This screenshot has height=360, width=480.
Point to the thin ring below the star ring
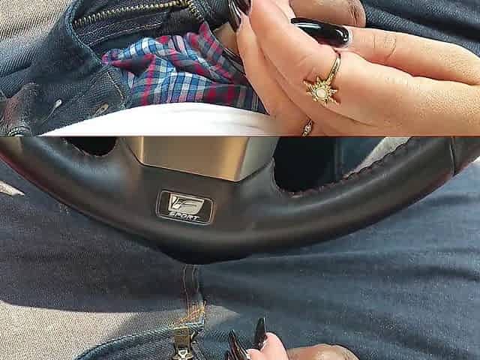[307, 127]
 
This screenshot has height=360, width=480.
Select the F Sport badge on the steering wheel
[185, 207]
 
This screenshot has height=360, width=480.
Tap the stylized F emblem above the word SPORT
[185, 202]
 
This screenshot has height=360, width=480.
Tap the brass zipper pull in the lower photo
[184, 344]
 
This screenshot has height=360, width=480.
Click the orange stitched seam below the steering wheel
[193, 294]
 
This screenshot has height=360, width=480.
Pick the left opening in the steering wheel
[91, 145]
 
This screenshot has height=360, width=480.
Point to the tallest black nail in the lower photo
[261, 333]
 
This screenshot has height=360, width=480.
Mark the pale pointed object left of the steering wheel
[11, 188]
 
